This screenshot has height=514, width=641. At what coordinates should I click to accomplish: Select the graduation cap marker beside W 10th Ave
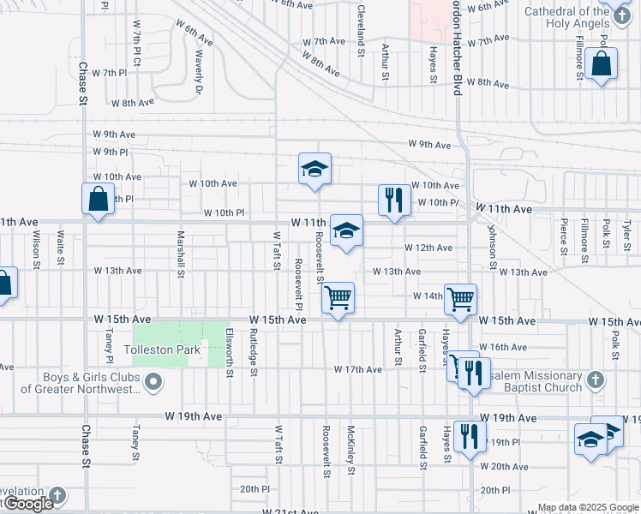(315, 169)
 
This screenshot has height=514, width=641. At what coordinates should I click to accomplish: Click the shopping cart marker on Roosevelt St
(338, 298)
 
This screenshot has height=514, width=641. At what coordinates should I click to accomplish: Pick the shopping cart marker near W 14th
(460, 299)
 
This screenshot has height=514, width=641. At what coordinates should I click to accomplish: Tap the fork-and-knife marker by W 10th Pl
(393, 200)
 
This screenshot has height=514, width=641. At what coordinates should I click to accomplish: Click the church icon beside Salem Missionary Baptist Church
(596, 379)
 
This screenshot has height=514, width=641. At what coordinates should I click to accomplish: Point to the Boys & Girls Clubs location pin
(154, 382)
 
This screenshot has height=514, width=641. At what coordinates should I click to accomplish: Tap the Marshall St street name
(182, 254)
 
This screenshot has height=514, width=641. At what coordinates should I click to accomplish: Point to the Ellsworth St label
(230, 352)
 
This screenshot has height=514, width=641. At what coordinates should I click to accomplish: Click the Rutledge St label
(254, 352)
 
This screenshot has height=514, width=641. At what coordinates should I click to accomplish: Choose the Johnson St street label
(492, 247)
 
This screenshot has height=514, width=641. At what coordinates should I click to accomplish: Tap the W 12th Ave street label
(428, 248)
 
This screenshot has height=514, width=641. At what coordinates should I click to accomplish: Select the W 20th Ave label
(504, 467)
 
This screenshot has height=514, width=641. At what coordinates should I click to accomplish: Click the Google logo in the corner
(27, 504)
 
